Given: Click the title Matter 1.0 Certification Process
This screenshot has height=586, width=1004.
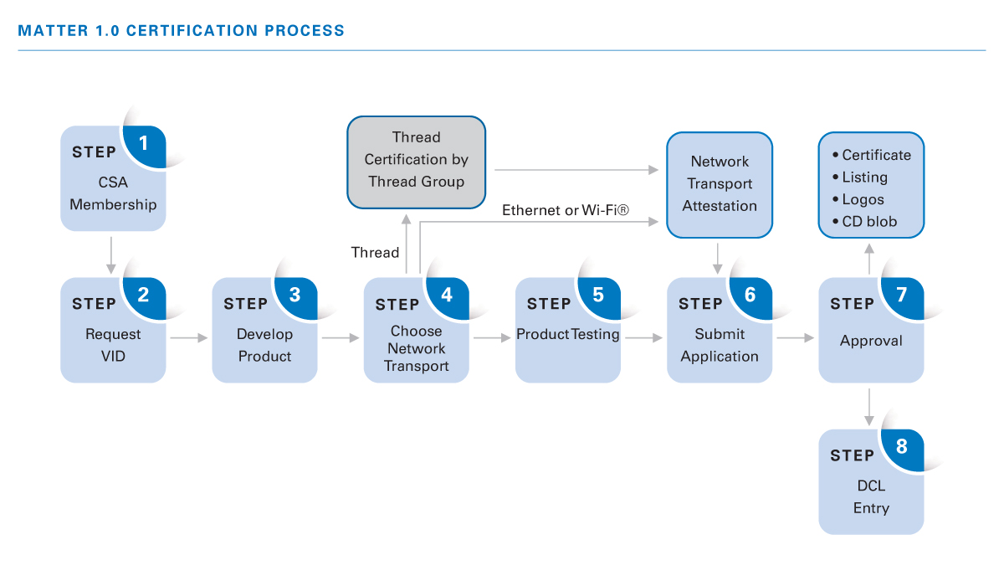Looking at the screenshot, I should pos(181,31).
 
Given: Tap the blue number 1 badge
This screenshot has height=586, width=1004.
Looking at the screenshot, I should pos(144,143).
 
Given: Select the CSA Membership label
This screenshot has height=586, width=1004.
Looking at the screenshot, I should pos(113,193).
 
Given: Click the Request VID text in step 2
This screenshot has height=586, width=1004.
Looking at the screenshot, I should pos(113,345).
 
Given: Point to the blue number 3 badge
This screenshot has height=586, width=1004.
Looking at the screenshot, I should pos(295,295).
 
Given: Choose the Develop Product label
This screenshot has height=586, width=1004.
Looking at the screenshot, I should pos(264,345).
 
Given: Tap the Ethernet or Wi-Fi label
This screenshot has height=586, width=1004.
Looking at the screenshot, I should pos(565,210).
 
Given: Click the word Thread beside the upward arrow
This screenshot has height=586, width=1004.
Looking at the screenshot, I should pos(375,252).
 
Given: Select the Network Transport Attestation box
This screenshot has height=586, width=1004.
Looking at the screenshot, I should pos(720,184).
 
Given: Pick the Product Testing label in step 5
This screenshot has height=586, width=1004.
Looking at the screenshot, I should pos(568,334).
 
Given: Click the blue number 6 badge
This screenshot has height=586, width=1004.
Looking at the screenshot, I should pos(750,295).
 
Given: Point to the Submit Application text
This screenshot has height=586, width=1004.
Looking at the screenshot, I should pos(720,345).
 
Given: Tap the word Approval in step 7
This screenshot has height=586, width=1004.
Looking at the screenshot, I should pos(871,341).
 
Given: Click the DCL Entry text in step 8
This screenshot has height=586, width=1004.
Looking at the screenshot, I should pos(870,496).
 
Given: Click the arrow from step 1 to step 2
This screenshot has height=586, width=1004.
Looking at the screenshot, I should pos(113,254).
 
